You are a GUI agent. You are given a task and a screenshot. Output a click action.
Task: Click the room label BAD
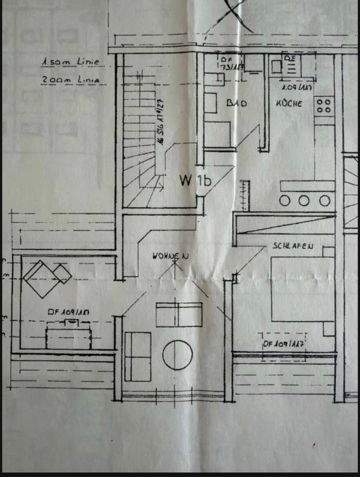pyautogui.click(x=237, y=103)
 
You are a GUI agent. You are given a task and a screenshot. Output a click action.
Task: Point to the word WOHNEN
pyautogui.click(x=166, y=256)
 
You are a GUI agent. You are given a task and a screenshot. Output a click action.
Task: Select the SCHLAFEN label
pyautogui.click(x=292, y=246)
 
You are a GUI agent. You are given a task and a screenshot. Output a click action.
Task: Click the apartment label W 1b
pyautogui.click(x=195, y=180)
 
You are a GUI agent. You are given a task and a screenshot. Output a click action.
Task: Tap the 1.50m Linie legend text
pyautogui.click(x=70, y=63)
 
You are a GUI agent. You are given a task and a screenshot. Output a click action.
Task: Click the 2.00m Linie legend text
pyautogui.click(x=70, y=79)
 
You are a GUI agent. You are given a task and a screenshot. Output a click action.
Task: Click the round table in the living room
pyautogui.click(x=178, y=355)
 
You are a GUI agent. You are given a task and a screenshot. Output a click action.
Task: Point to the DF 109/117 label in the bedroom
pyautogui.click(x=283, y=343)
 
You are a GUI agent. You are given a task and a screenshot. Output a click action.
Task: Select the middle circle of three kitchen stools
pyautogui.click(x=304, y=200)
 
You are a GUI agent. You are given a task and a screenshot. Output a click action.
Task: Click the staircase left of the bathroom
pyautogui.click(x=141, y=139)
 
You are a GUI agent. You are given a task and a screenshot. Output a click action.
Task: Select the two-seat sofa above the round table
pyautogui.click(x=179, y=314)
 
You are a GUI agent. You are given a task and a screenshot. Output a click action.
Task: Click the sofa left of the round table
pyautogui.click(x=138, y=356)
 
